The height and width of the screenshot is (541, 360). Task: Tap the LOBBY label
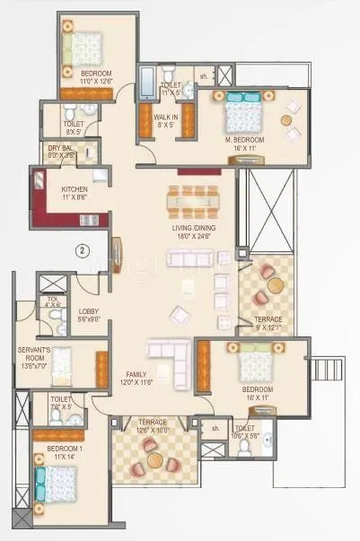tap(88, 315)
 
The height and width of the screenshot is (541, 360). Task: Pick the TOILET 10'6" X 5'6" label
tap(244, 432)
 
